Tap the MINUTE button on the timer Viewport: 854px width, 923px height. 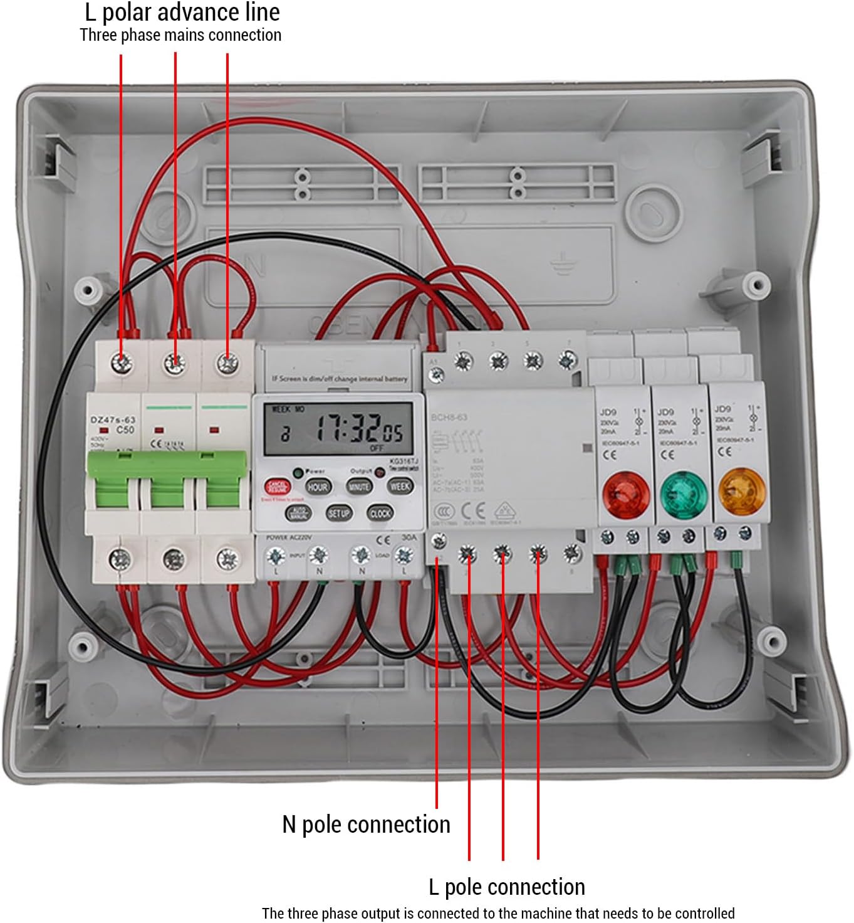click(x=359, y=487)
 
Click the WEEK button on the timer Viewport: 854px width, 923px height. click(x=400, y=486)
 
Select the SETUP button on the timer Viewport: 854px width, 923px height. click(x=338, y=513)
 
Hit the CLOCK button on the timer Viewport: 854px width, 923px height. click(x=380, y=513)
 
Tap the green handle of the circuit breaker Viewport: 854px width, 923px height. click(x=167, y=480)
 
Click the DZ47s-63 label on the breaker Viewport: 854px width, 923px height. click(x=113, y=419)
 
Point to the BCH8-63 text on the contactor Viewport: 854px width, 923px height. click(x=449, y=417)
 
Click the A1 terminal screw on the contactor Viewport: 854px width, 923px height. click(x=437, y=375)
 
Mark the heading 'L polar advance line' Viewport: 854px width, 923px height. click(x=182, y=13)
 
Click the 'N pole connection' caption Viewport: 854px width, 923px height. click(x=366, y=824)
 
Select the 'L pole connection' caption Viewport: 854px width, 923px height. click(x=506, y=887)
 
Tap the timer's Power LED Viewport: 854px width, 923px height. click(x=298, y=472)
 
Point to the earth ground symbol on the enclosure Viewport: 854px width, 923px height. click(x=561, y=266)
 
